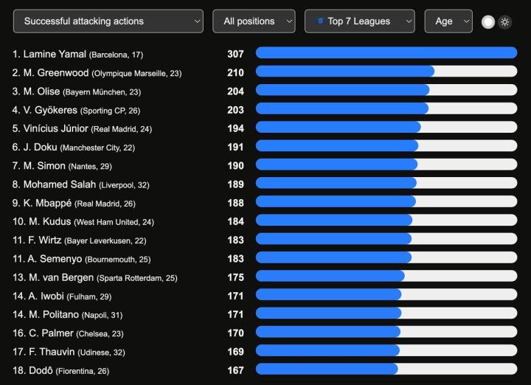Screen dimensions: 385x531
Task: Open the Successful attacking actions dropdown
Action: (x=108, y=21)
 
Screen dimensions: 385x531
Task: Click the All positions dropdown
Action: (x=254, y=21)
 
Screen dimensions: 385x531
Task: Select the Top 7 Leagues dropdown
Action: (x=359, y=21)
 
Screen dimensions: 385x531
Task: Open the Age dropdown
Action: (x=448, y=21)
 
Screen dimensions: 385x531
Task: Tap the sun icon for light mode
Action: (x=504, y=22)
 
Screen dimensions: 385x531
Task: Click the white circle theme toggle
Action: (x=487, y=22)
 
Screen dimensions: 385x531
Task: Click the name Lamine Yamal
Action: (x=55, y=54)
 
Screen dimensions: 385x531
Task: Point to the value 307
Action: (x=235, y=54)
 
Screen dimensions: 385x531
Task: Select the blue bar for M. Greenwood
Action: (x=344, y=72)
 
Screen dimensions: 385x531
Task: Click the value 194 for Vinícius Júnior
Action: (x=235, y=128)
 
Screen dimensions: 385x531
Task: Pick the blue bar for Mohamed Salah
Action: (x=336, y=184)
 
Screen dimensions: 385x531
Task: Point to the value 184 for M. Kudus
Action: (x=235, y=221)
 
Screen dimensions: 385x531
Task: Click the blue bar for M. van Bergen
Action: (x=330, y=277)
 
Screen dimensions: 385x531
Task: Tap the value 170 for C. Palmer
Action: (x=235, y=333)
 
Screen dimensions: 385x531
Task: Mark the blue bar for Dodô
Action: (x=327, y=370)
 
